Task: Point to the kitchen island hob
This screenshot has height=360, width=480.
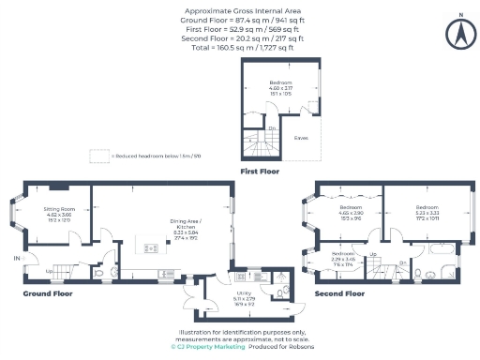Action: (x=151, y=247)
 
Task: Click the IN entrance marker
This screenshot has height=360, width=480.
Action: (x=16, y=257)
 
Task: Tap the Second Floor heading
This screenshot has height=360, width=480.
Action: (x=338, y=293)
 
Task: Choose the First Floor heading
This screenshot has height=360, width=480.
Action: (x=262, y=172)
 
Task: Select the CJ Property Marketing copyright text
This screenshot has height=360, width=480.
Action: (x=208, y=346)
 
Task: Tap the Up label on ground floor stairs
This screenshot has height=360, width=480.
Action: (x=50, y=272)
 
